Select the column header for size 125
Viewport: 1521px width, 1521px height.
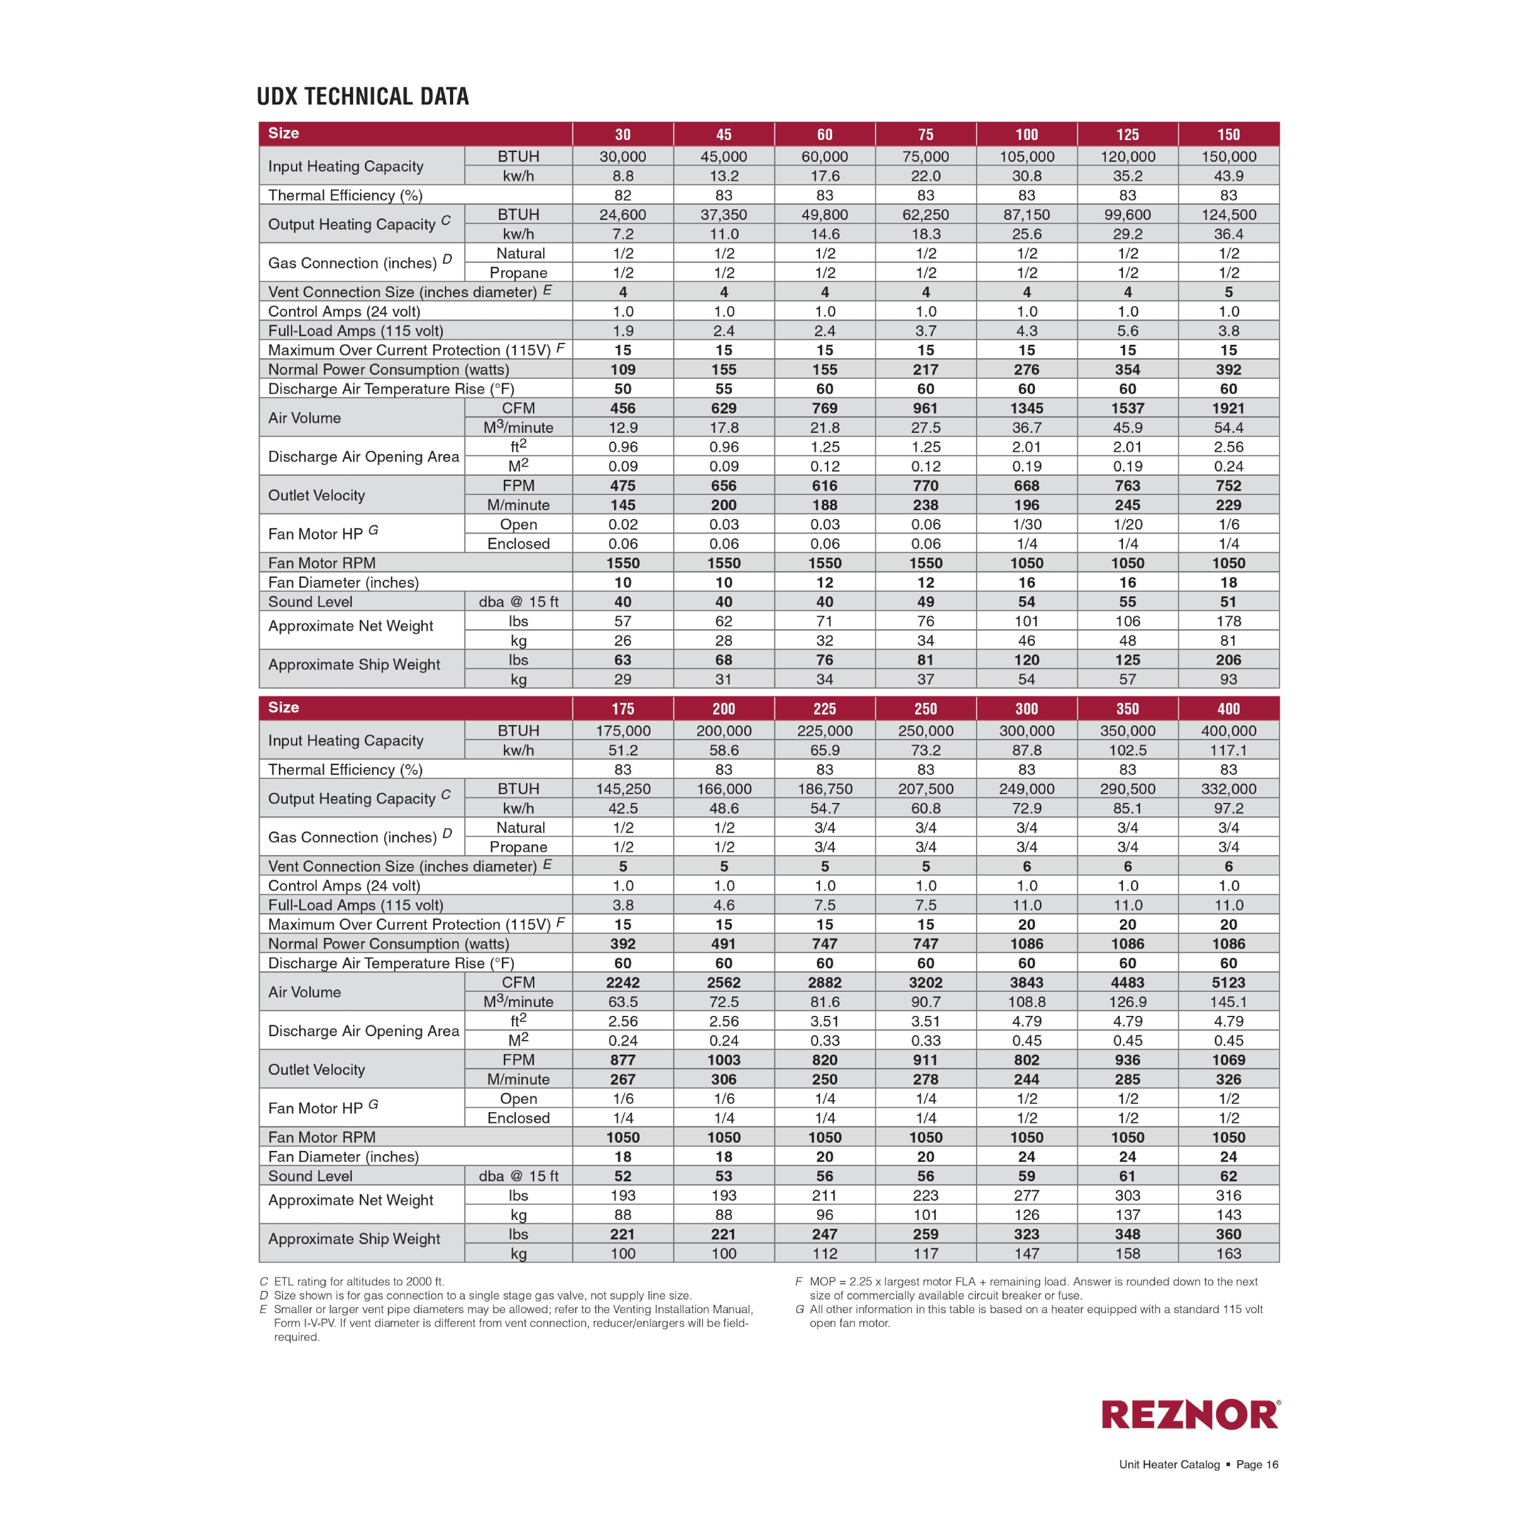(x=1127, y=134)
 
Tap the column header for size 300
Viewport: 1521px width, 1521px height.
(x=1027, y=709)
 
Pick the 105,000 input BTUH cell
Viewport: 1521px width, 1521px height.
(x=1027, y=157)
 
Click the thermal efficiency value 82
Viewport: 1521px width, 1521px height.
(x=623, y=195)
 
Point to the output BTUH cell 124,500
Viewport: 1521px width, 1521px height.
(x=1228, y=214)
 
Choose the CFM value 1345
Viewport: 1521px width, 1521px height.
(x=1027, y=408)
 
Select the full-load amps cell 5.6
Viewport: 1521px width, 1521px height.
(x=1127, y=331)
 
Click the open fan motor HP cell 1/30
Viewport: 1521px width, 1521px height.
(x=1027, y=524)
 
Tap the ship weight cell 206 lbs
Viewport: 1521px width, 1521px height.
(x=1228, y=660)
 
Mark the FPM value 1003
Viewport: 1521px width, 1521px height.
(x=724, y=1060)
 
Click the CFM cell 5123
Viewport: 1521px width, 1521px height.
(x=1228, y=982)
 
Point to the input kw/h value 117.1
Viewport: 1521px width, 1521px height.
(x=1228, y=750)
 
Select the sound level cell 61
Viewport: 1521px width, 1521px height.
(x=1127, y=1176)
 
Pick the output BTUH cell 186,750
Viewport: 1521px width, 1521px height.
(x=825, y=789)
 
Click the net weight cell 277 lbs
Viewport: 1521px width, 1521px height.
(x=1027, y=1195)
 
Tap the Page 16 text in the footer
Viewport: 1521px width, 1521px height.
(x=1257, y=1465)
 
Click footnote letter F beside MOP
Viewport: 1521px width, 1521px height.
(x=799, y=1281)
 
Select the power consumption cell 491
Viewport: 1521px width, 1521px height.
(x=724, y=944)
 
